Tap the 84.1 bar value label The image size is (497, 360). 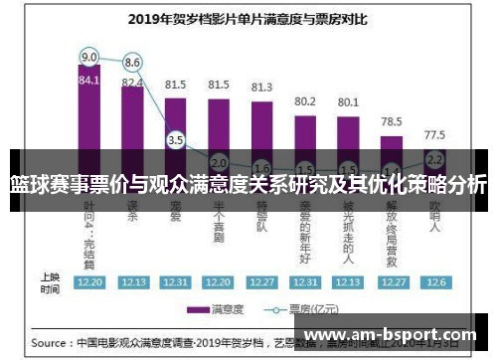pos(89,80)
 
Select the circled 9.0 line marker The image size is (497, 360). pos(89,56)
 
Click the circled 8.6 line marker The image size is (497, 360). pos(132,63)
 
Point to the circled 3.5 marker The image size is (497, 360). pos(176,140)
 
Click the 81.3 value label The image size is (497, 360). pos(262,88)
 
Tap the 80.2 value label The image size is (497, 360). pos(305,101)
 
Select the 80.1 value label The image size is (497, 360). pos(348,101)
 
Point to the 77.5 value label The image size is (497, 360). pos(434,134)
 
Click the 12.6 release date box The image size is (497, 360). pos(434,281)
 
